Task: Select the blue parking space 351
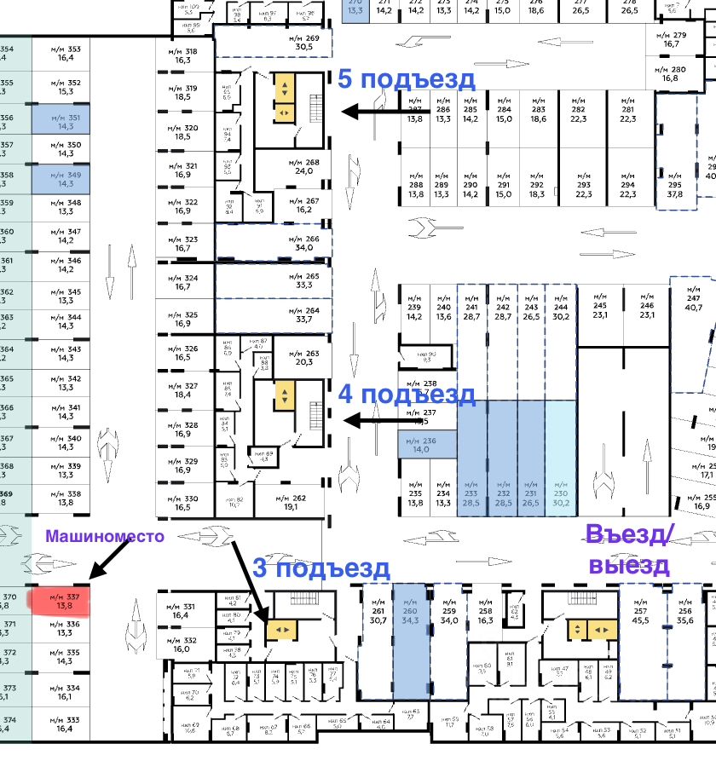point(61,120)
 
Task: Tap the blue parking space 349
point(61,179)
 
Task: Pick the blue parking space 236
point(426,445)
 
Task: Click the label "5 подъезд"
point(407,79)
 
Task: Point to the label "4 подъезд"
point(407,395)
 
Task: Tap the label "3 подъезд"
point(321,568)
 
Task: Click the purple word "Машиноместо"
point(104,536)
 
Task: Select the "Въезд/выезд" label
point(630,549)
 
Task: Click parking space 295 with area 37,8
point(675,188)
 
